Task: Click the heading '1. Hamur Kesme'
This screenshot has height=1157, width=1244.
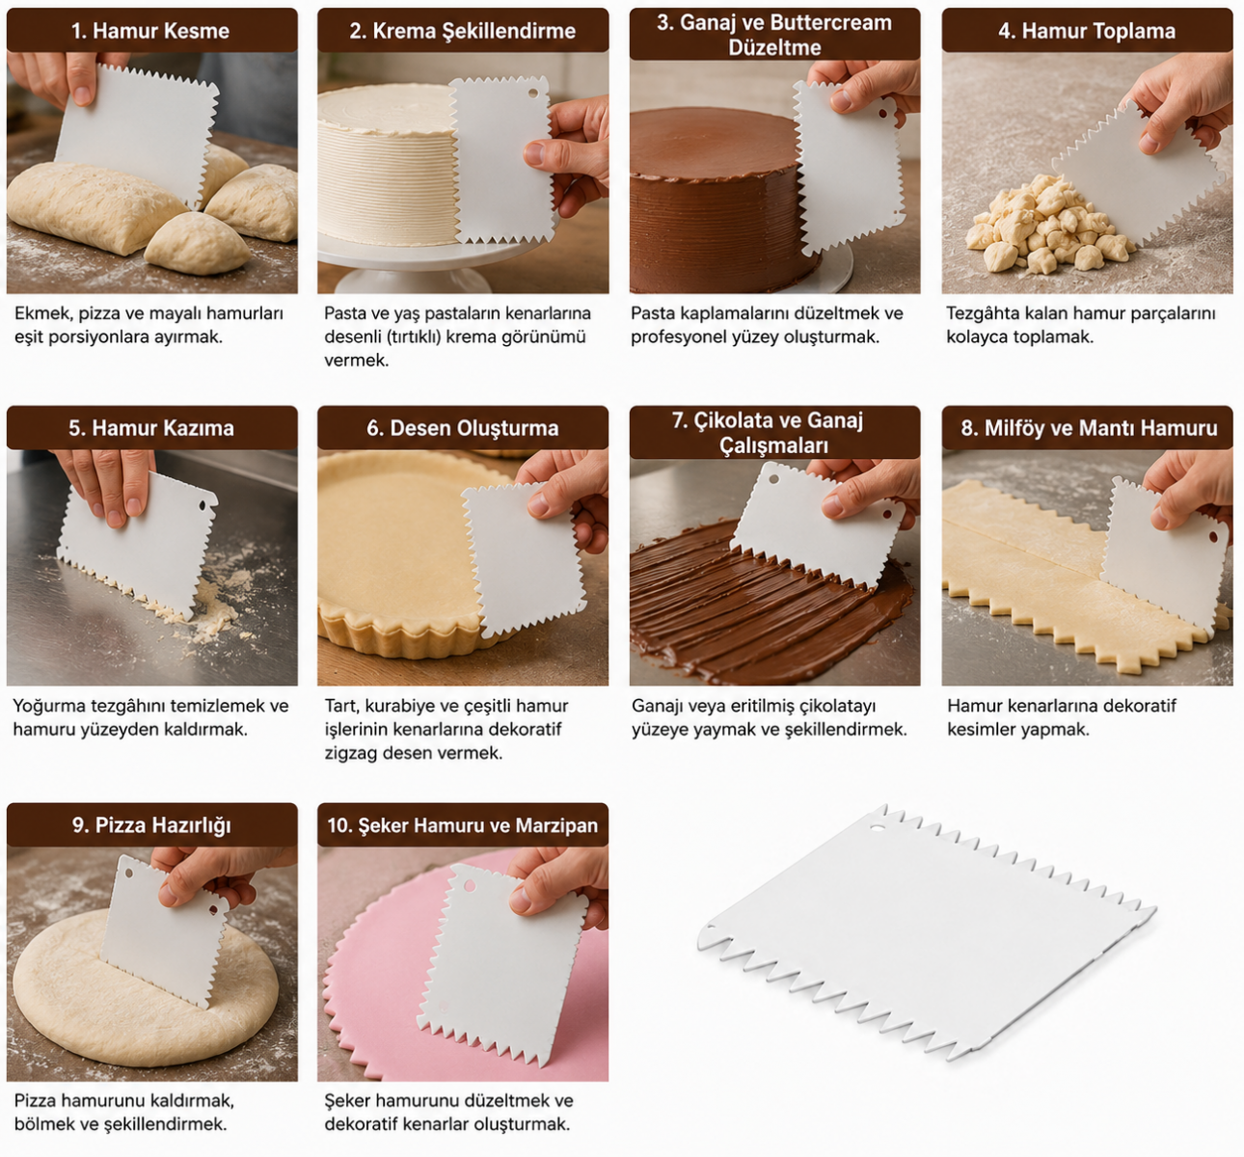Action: (150, 31)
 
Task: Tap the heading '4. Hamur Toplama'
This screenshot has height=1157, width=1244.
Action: (1087, 31)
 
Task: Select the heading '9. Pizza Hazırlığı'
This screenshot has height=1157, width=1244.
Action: (151, 825)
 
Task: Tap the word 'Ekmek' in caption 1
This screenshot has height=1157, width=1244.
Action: (38, 313)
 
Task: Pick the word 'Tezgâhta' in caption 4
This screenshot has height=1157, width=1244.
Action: (982, 313)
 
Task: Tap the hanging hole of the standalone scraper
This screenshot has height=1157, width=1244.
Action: (878, 827)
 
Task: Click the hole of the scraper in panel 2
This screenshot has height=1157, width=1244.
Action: (533, 93)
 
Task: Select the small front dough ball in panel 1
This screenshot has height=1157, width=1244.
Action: (197, 243)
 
